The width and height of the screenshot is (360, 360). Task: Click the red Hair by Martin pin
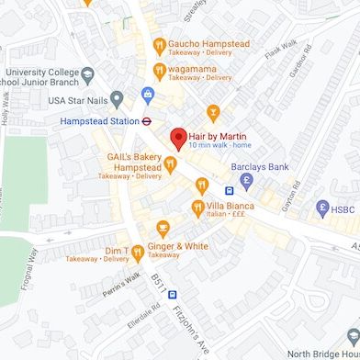point(179,139)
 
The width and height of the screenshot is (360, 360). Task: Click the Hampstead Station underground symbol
point(146,119)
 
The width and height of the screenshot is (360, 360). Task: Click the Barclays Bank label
point(260,167)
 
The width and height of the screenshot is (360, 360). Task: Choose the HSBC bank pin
point(321,208)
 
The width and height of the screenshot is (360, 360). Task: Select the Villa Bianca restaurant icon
point(197,207)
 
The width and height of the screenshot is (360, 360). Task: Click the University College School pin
point(87,73)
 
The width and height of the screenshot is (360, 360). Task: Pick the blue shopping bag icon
point(146,94)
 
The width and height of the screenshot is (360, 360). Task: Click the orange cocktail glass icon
point(213,113)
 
